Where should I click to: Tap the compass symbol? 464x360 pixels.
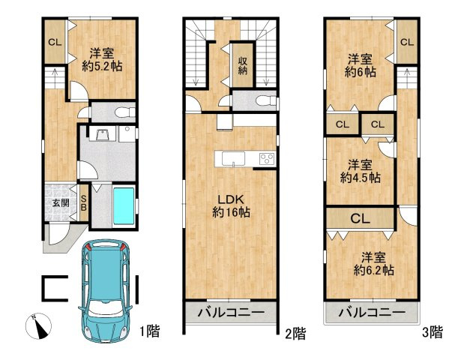coord(38,326)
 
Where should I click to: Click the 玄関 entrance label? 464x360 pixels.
coord(61,202)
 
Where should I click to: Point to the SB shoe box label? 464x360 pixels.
coord(84,202)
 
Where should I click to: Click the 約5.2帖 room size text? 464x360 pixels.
coord(102,67)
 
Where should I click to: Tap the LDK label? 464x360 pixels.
coord(231,199)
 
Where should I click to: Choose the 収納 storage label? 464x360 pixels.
coord(243,65)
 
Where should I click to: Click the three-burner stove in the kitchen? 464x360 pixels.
coord(268,159)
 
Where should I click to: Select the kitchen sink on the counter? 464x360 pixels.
coord(233,159)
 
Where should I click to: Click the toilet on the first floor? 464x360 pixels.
coord(125,112)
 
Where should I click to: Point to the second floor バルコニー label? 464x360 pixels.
coord(231,313)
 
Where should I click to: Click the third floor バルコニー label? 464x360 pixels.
coord(372,312)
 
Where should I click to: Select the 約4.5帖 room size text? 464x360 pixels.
coord(360,178)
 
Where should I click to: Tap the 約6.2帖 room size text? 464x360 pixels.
coord(373,270)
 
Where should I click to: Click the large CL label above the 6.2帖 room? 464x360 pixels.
coord(360,219)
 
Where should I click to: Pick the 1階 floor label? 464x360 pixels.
coord(150,331)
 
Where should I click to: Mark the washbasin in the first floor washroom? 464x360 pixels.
coord(103,135)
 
